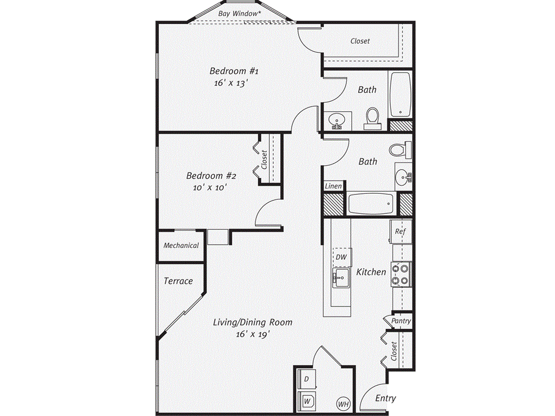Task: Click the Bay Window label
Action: pos(239,12)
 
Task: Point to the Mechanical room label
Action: pos(181,245)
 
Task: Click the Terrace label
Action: pos(178,281)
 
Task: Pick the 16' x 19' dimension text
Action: pos(253,334)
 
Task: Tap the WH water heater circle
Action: pos(343,404)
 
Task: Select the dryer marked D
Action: pos(307,379)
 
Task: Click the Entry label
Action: pos(385,399)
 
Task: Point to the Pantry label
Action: pos(401,321)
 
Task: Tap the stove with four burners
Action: pos(402,274)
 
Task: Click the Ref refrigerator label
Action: pos(400,231)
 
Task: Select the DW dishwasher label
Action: pos(341,257)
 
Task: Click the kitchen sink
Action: pos(340,278)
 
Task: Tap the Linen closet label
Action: pos(333,186)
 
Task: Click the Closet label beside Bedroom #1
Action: pos(360,41)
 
